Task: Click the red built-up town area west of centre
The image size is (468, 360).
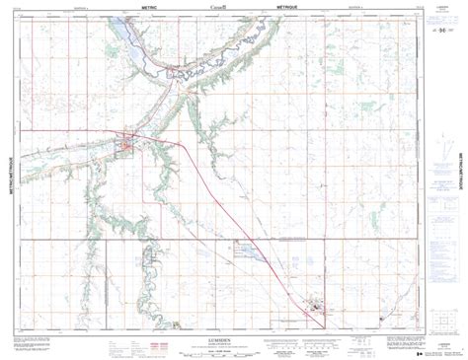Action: pyautogui.click(x=125, y=148)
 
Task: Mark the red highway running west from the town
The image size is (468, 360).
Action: pyautogui.click(x=59, y=130)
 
